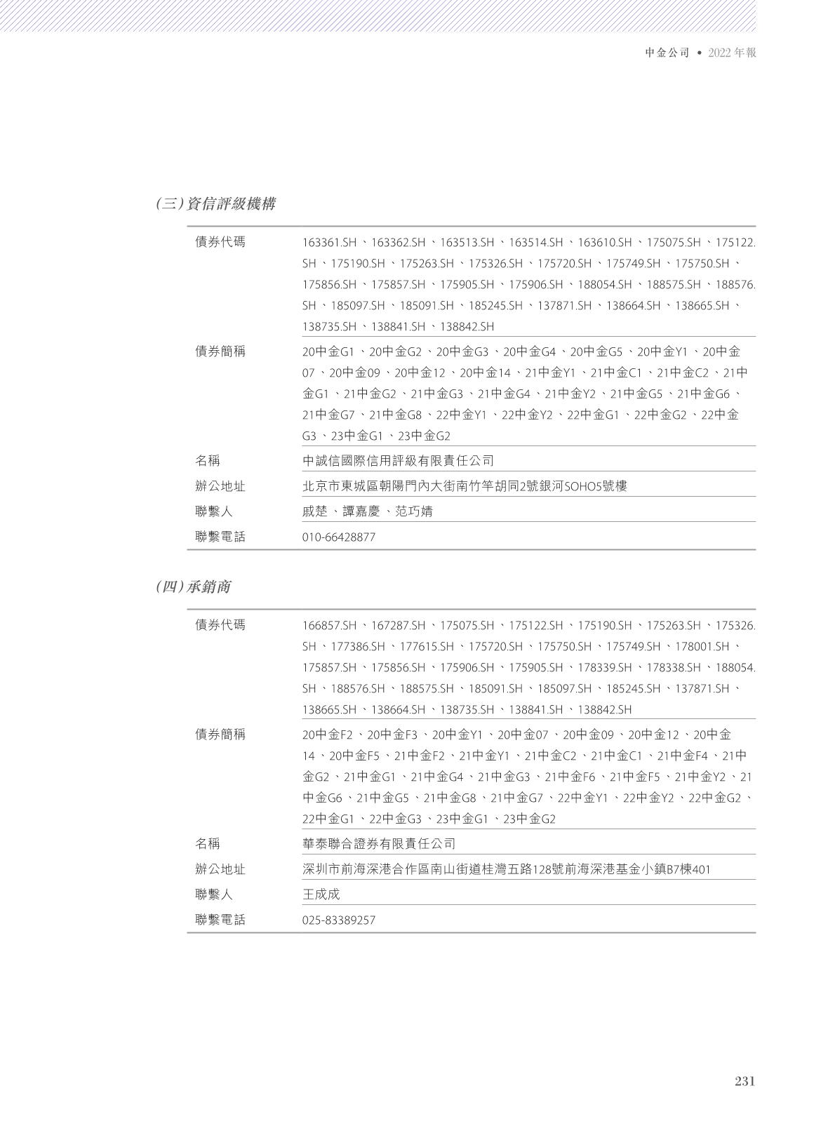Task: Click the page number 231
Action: pyautogui.click(x=744, y=1081)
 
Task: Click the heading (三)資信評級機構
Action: pyautogui.click(x=215, y=204)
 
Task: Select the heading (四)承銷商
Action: pyautogui.click(x=193, y=587)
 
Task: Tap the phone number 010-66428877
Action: pyautogui.click(x=339, y=537)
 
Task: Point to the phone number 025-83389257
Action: pyautogui.click(x=339, y=920)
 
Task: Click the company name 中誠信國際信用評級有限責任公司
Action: pyautogui.click(x=398, y=461)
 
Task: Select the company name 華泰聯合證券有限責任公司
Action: pyautogui.click(x=379, y=844)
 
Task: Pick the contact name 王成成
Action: pyautogui.click(x=321, y=894)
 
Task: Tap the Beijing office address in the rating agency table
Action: pyautogui.click(x=465, y=486)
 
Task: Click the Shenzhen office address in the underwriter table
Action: pyautogui.click(x=506, y=870)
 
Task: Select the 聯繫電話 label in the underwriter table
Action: pyautogui.click(x=220, y=920)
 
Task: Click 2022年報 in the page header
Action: pyautogui.click(x=732, y=53)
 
